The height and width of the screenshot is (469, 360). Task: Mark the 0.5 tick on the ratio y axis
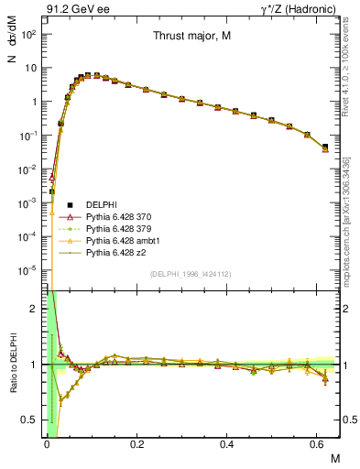pos(33,420)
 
